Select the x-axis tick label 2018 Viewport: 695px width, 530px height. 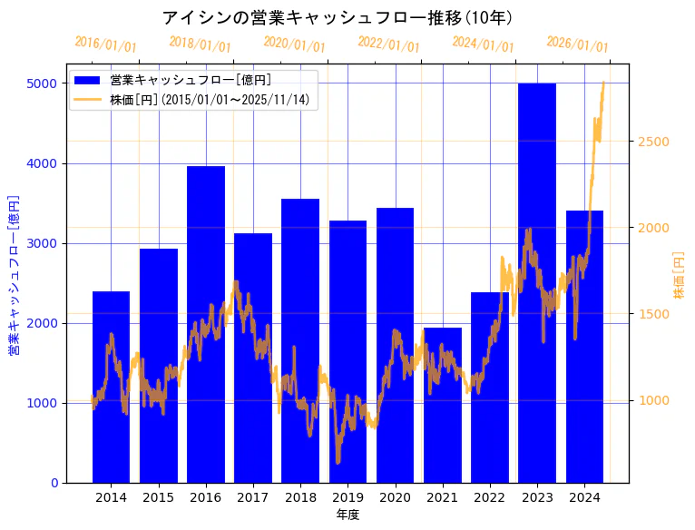[300, 497]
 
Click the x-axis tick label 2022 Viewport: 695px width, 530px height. [490, 497]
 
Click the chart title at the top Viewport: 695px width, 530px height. [338, 17]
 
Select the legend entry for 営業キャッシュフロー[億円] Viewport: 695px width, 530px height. [190, 80]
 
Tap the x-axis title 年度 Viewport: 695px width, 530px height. [347, 515]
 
